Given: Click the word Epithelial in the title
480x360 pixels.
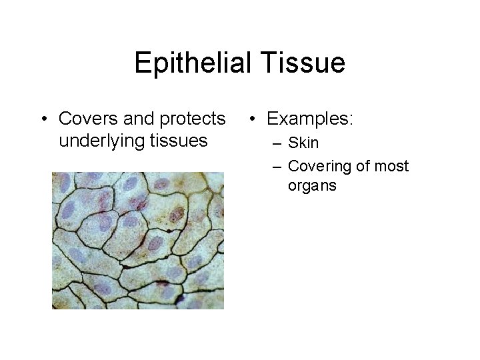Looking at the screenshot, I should click(x=189, y=64).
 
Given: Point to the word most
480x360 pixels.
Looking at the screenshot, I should click(x=391, y=165).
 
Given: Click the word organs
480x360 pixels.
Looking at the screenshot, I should click(x=312, y=185).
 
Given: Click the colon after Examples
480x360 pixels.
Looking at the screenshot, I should click(x=352, y=120).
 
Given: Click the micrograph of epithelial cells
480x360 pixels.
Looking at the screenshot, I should click(x=138, y=240).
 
